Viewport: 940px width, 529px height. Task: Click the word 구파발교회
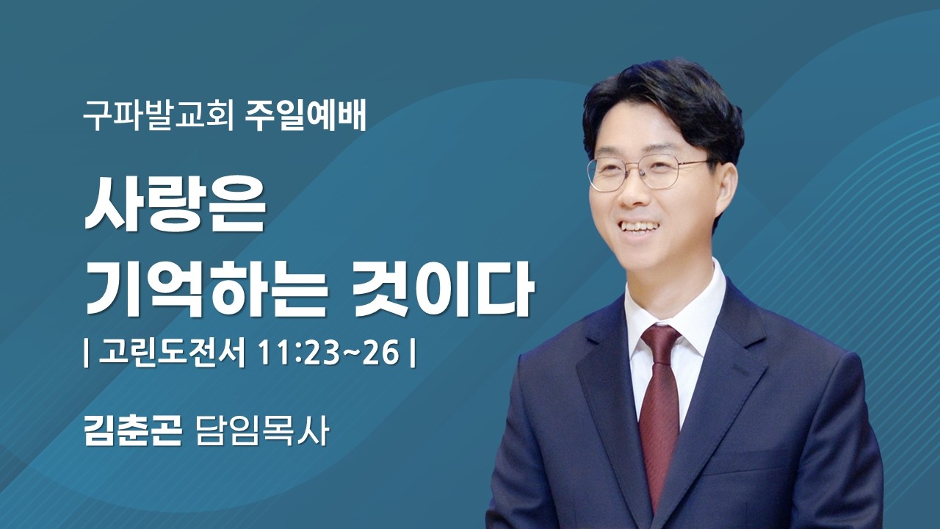click(156, 118)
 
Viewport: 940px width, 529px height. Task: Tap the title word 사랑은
click(175, 207)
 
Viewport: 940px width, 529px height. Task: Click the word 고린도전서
click(172, 354)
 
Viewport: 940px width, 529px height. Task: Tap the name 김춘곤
click(132, 431)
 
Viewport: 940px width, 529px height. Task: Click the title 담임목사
click(261, 431)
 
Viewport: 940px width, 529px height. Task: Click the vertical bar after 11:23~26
click(413, 354)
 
